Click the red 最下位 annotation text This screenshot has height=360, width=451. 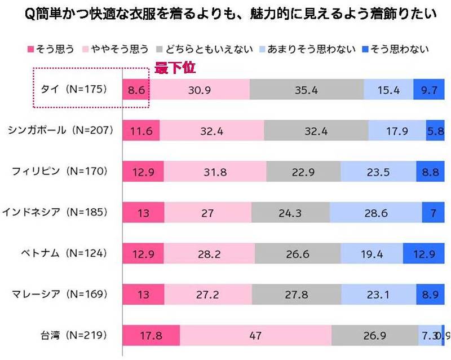coord(175,68)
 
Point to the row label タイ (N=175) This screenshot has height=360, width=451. coord(73,89)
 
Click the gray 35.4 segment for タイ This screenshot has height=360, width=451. coord(307,89)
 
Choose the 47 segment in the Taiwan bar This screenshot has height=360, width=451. coord(255,335)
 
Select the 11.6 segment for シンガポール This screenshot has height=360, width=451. coord(141,130)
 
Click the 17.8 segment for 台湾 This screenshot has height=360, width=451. coord(151,335)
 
